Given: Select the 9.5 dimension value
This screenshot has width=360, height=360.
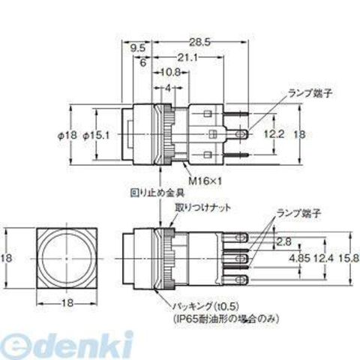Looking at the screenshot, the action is click(138, 48).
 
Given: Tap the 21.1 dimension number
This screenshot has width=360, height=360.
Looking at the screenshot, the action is click(187, 58).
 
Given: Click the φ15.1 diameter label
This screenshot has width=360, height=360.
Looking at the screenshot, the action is click(96, 136).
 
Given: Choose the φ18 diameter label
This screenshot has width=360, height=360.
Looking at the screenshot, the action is click(67, 136).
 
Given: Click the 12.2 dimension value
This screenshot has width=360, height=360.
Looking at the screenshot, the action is click(274, 134).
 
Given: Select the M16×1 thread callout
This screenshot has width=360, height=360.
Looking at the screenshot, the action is click(205, 181).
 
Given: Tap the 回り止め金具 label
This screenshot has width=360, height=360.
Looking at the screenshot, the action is click(157, 193).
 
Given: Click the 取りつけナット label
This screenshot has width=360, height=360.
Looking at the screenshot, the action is click(202, 208).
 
